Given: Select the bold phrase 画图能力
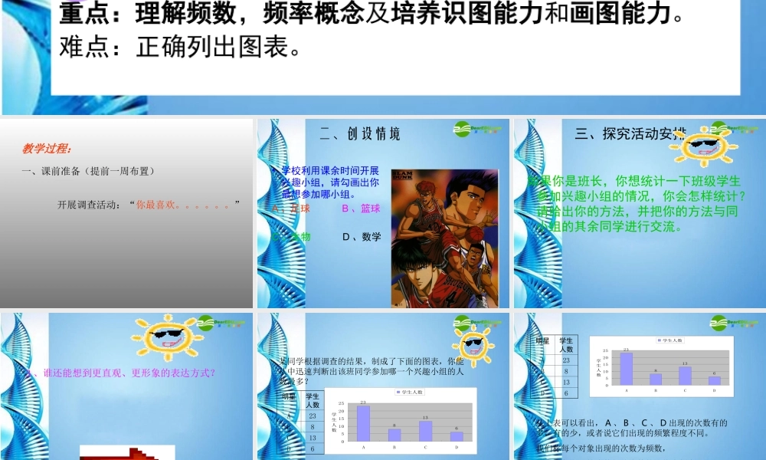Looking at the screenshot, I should [621, 15].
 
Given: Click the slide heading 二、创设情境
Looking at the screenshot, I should [359, 134].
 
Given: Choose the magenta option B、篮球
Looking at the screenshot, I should [360, 209].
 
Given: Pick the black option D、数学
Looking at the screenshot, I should [361, 237].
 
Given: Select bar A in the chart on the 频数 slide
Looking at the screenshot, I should [626, 368].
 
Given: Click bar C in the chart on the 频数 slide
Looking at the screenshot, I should [685, 375].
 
